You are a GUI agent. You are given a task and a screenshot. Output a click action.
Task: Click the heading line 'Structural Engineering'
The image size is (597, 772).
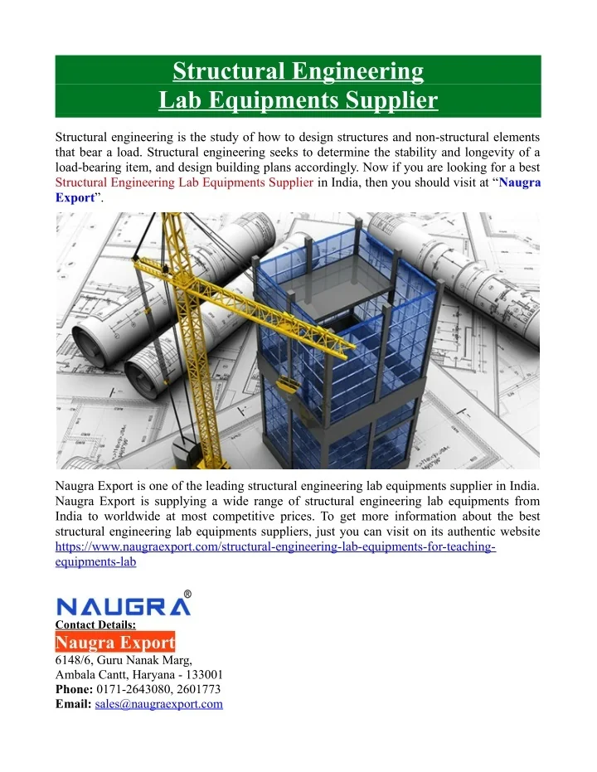point(298,71)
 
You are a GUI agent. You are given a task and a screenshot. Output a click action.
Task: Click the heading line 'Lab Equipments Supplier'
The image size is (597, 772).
point(298,101)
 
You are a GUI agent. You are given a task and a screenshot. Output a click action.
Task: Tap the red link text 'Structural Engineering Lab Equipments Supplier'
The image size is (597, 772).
point(184,182)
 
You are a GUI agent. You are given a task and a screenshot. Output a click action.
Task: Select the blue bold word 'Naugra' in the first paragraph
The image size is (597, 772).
point(520,182)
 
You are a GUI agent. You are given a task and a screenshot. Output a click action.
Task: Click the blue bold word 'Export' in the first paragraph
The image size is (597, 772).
point(74,198)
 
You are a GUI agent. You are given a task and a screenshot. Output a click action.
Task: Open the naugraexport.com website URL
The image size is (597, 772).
point(275,546)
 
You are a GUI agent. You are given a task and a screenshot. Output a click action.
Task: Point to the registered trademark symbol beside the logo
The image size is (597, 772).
point(187,595)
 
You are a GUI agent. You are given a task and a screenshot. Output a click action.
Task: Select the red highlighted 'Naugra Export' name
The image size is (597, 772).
point(115,643)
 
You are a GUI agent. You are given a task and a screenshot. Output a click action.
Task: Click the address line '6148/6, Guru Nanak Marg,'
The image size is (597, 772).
point(124,659)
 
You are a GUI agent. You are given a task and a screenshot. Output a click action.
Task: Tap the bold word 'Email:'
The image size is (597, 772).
point(72,704)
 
